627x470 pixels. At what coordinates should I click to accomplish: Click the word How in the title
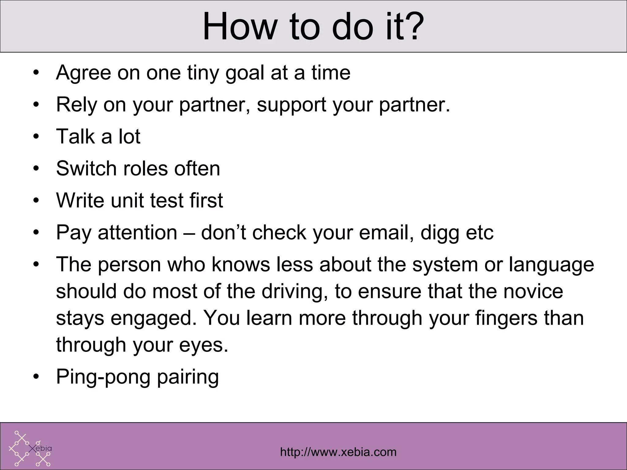click(x=239, y=27)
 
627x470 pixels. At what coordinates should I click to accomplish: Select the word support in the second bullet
click(x=291, y=105)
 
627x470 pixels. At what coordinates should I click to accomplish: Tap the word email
click(x=384, y=233)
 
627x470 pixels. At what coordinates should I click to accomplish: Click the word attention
click(x=137, y=233)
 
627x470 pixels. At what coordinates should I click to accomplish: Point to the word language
click(x=551, y=265)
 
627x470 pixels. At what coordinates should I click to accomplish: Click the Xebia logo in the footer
click(x=30, y=448)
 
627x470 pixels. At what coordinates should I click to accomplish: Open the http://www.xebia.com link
click(x=338, y=452)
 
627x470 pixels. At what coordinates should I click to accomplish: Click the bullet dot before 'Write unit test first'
click(x=36, y=201)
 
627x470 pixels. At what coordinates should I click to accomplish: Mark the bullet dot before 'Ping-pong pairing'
click(x=36, y=377)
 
